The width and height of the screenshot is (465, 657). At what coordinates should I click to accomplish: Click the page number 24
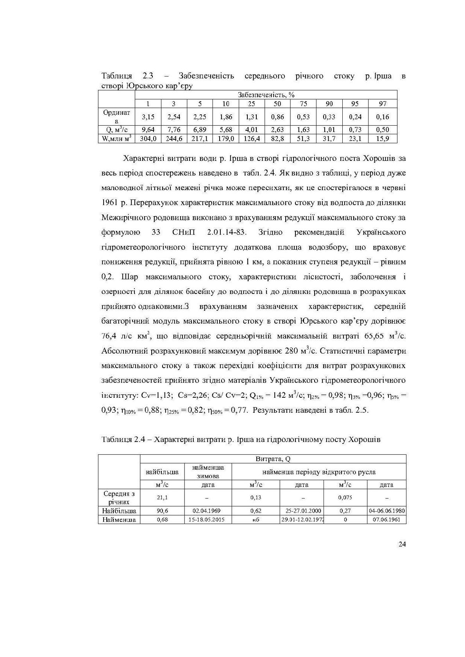pyautogui.click(x=402, y=545)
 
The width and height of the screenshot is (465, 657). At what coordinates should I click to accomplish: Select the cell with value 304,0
pyautogui.click(x=148, y=139)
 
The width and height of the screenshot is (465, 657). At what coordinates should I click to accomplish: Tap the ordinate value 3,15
pyautogui.click(x=148, y=117)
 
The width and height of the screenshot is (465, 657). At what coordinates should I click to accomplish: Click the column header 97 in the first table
pyautogui.click(x=383, y=103)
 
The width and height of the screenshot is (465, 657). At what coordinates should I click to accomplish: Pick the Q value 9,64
pyautogui.click(x=148, y=130)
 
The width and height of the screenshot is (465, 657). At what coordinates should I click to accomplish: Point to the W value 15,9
pyautogui.click(x=383, y=139)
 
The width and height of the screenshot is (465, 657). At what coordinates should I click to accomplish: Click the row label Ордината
pyautogui.click(x=116, y=117)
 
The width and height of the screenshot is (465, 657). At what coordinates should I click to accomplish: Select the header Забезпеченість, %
pyautogui.click(x=266, y=94)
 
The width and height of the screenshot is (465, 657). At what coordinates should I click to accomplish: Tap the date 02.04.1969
pyautogui.click(x=208, y=511)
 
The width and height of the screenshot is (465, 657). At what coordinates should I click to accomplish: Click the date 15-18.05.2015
pyautogui.click(x=208, y=520)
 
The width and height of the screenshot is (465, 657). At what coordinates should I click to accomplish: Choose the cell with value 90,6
pyautogui.click(x=162, y=511)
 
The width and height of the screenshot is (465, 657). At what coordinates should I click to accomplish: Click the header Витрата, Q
pyautogui.click(x=273, y=459)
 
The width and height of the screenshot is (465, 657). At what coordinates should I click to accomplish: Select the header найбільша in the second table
pyautogui.click(x=162, y=472)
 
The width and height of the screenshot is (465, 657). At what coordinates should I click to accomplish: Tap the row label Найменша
pyautogui.click(x=119, y=520)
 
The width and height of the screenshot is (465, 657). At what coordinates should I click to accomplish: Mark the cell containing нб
pyautogui.click(x=256, y=520)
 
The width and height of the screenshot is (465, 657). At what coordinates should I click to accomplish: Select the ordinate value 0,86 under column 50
pyautogui.click(x=277, y=117)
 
